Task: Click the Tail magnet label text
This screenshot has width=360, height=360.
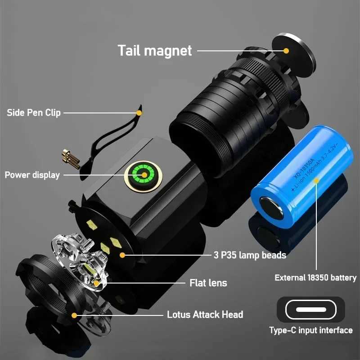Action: [155, 50]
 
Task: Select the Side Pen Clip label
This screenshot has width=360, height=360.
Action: [34, 112]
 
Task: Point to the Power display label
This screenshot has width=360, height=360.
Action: [32, 175]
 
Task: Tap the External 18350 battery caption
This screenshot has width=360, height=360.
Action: [315, 278]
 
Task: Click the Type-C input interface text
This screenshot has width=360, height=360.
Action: [310, 331]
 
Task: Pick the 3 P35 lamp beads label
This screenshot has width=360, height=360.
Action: [250, 255]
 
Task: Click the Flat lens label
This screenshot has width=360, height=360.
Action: [208, 283]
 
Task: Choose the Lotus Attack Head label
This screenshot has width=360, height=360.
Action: [205, 315]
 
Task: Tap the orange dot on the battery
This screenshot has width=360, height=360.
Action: [316, 180]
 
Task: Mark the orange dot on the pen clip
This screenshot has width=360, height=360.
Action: [139, 112]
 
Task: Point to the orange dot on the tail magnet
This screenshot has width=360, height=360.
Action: [286, 50]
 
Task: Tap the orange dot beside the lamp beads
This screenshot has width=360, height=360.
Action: [122, 255]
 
